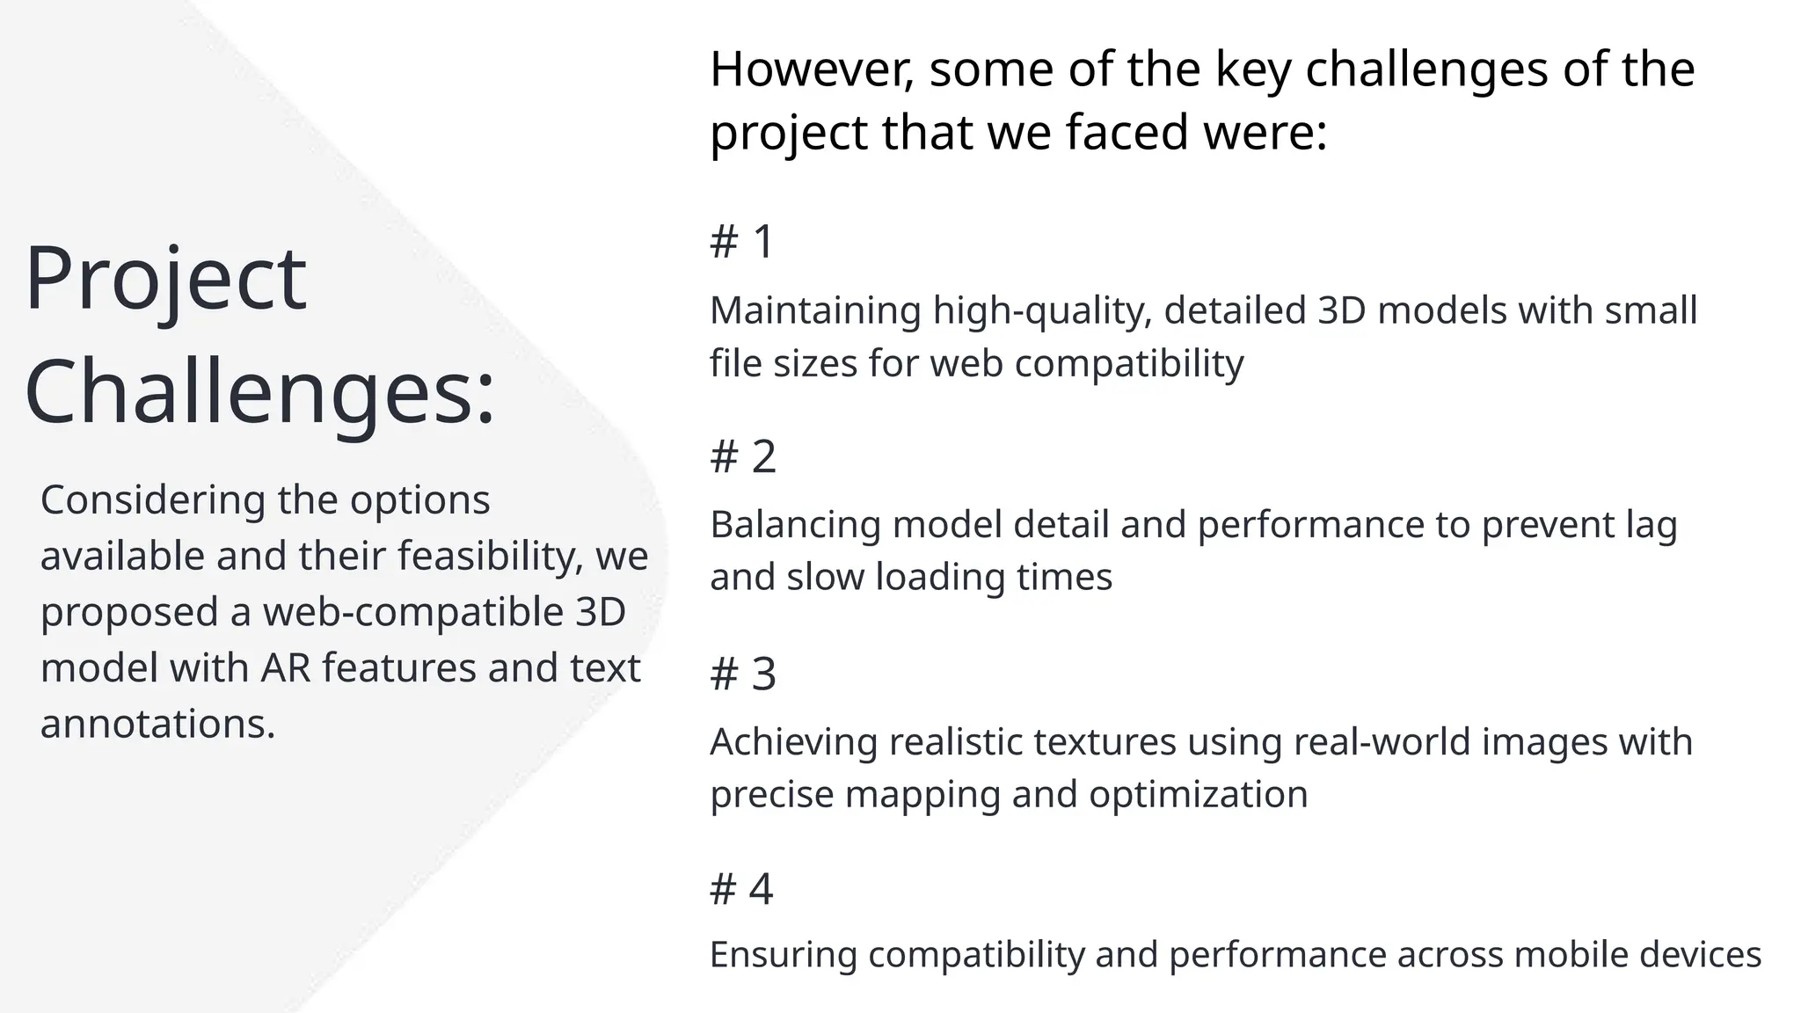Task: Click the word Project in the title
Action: (x=165, y=280)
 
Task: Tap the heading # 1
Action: (x=741, y=241)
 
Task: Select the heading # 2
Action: (x=743, y=456)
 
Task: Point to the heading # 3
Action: (x=743, y=674)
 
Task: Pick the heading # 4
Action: (x=741, y=888)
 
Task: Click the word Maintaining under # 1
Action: (x=815, y=311)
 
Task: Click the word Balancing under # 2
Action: (x=795, y=525)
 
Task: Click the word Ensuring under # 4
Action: (x=783, y=955)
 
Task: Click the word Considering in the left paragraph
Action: (x=153, y=500)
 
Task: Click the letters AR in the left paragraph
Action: (x=286, y=668)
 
